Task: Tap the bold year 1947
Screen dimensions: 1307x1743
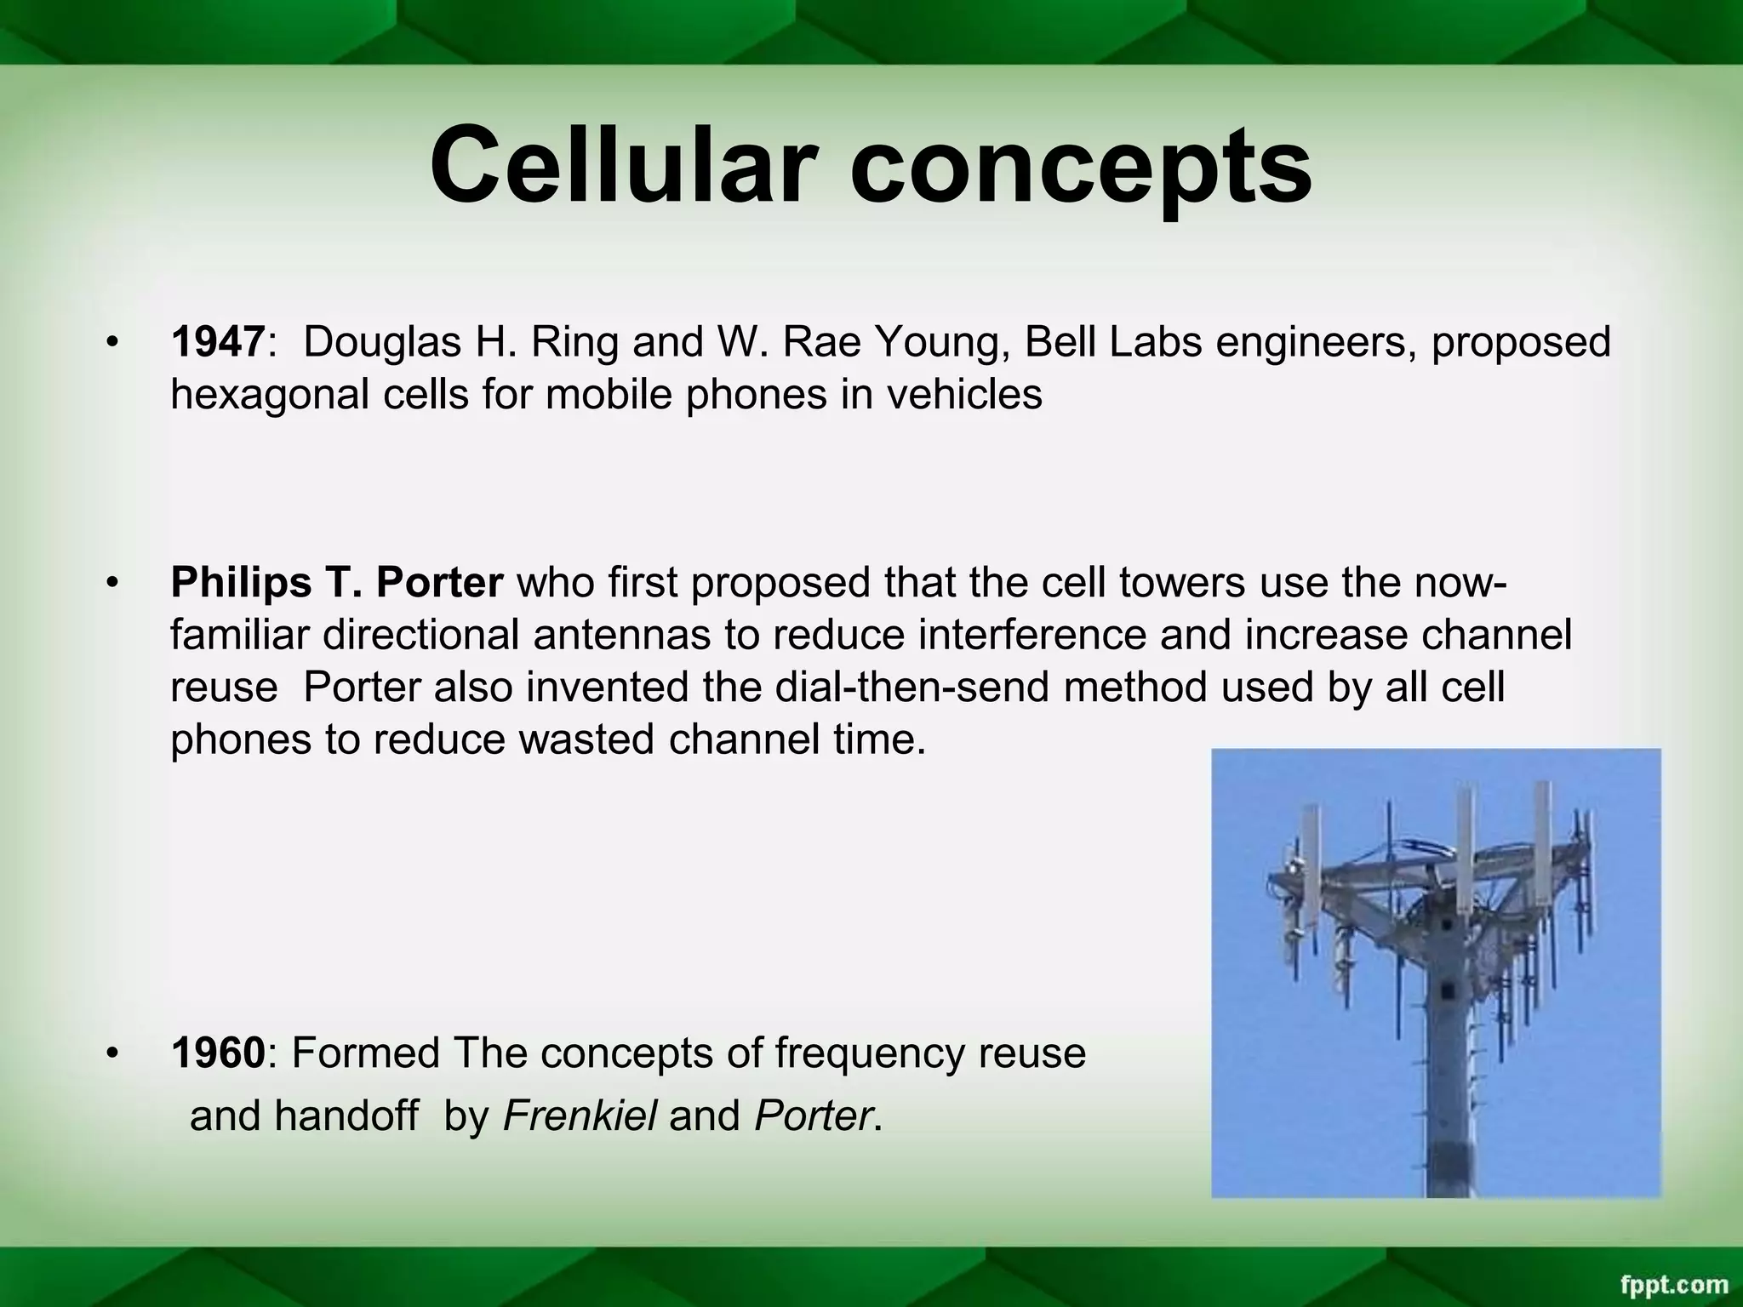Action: tap(218, 343)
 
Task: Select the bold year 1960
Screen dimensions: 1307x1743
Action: tap(218, 1053)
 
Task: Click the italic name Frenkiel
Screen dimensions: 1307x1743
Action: tap(580, 1116)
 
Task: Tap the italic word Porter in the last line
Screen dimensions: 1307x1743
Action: tap(813, 1116)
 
